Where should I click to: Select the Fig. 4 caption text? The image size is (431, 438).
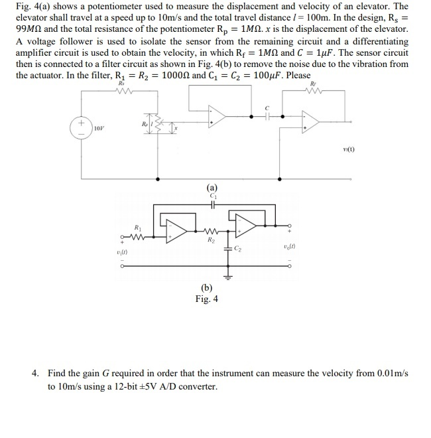click(206, 299)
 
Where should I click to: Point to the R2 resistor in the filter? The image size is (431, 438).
click(211, 233)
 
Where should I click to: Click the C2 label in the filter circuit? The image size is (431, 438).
click(246, 250)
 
